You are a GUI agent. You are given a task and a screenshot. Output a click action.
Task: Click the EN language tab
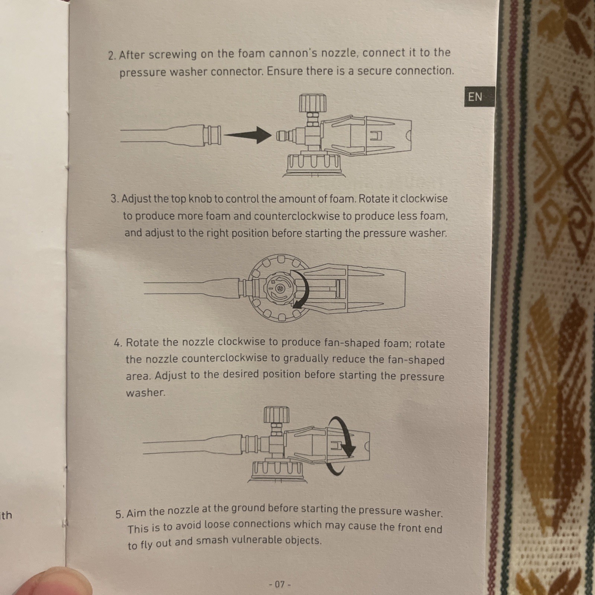pyautogui.click(x=479, y=97)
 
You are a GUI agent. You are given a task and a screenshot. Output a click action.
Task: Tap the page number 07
pyautogui.click(x=280, y=584)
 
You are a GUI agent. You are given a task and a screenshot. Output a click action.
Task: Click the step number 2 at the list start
pyautogui.click(x=112, y=56)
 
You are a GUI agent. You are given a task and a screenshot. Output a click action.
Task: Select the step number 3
pyautogui.click(x=115, y=199)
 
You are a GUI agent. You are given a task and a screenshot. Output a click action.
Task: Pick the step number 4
pyautogui.click(x=118, y=342)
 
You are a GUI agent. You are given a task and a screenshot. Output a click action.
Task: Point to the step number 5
pyautogui.click(x=119, y=515)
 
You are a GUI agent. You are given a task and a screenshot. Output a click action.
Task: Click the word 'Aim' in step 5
pyautogui.click(x=136, y=513)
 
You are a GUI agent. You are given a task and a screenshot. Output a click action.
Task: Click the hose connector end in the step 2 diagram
pyautogui.click(x=212, y=135)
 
